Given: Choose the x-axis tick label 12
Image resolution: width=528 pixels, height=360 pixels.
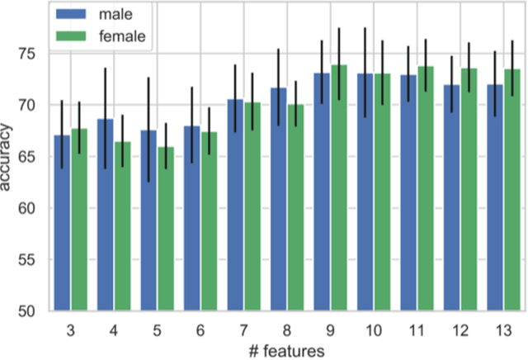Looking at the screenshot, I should [x=460, y=329].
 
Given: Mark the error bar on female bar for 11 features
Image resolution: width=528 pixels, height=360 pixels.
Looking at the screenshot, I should [x=425, y=65].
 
